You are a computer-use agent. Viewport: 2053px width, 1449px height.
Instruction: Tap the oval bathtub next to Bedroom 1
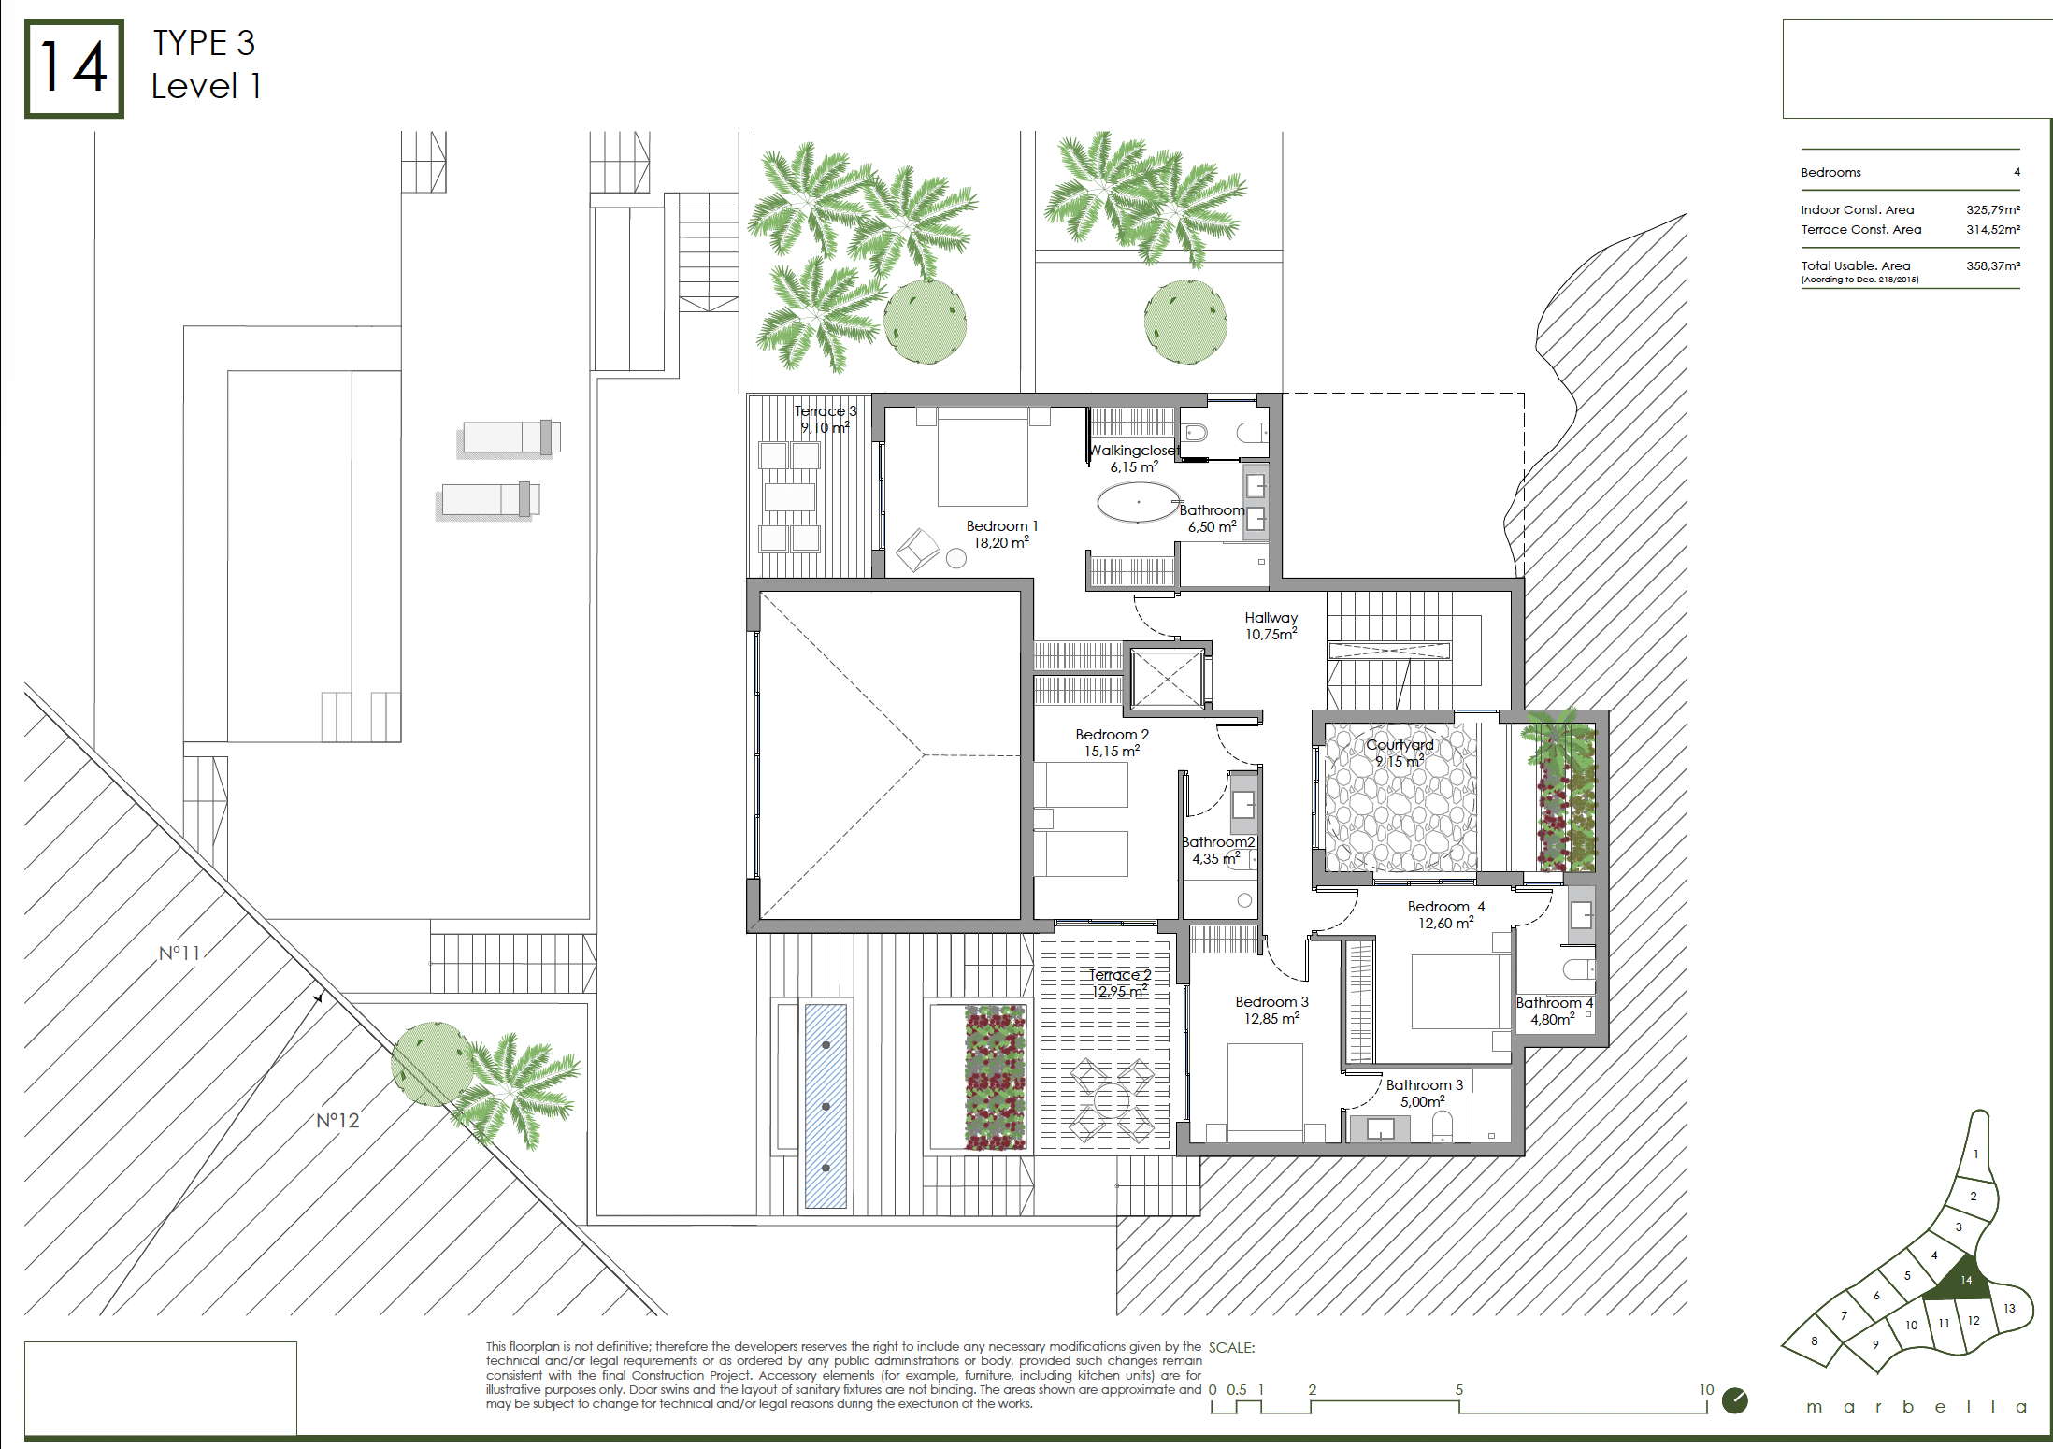pos(1138,502)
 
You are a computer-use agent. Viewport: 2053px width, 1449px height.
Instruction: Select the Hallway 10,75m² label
pos(1271,625)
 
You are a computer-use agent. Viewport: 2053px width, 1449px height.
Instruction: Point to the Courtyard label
pos(1400,745)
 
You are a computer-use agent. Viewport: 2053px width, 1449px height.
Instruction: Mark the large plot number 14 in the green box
pos(74,68)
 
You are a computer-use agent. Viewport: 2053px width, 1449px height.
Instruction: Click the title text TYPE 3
pos(204,43)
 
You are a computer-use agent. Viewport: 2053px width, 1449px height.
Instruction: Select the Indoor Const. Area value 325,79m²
pos(1992,209)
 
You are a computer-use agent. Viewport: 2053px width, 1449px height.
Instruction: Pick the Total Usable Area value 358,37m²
pos(1992,265)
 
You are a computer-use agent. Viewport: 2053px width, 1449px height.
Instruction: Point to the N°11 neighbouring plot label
pos(179,954)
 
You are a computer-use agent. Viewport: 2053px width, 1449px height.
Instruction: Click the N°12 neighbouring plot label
pos(337,1120)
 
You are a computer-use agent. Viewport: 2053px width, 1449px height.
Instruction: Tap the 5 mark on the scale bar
pos(1458,1390)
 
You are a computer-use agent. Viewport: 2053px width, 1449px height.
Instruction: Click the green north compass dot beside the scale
pos(1734,1400)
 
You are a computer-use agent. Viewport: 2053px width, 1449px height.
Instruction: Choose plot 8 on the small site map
pos(1814,1341)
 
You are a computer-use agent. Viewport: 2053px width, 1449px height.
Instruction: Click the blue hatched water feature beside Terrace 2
pos(826,1106)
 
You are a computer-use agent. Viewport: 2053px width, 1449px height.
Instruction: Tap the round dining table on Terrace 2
pos(1112,1101)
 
